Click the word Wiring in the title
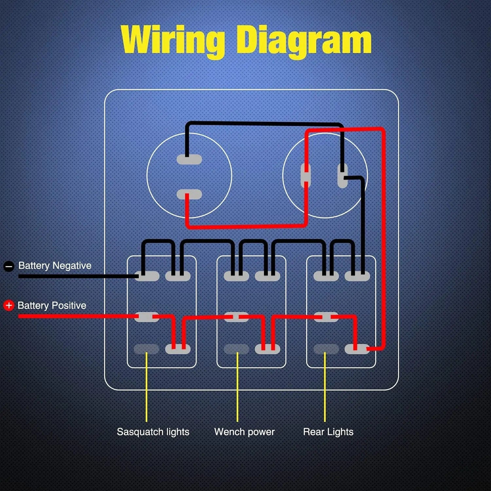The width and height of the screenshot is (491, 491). [172, 40]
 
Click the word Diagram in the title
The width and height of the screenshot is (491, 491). [303, 40]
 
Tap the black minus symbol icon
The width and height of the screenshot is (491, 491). [9, 266]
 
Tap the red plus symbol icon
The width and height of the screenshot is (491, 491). [8, 305]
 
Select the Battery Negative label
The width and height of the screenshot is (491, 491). [55, 266]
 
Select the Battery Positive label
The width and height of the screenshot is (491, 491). [52, 305]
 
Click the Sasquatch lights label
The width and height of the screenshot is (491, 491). [153, 432]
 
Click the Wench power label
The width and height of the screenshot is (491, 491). [244, 432]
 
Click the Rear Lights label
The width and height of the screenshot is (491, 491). [328, 432]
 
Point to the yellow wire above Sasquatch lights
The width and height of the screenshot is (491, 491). [146, 388]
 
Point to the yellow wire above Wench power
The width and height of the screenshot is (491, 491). [237, 388]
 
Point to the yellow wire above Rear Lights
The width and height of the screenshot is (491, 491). [325, 388]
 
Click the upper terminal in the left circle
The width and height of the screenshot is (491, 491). [189, 159]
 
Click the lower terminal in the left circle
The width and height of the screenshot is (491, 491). [189, 195]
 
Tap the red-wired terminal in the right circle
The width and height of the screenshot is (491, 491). [306, 176]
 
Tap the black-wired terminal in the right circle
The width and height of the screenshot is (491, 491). [342, 176]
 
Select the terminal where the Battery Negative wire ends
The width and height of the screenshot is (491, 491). [147, 276]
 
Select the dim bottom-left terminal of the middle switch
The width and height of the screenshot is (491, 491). [236, 349]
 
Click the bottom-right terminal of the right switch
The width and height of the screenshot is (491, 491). [357, 349]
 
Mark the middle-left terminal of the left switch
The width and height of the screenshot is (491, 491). [146, 317]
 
